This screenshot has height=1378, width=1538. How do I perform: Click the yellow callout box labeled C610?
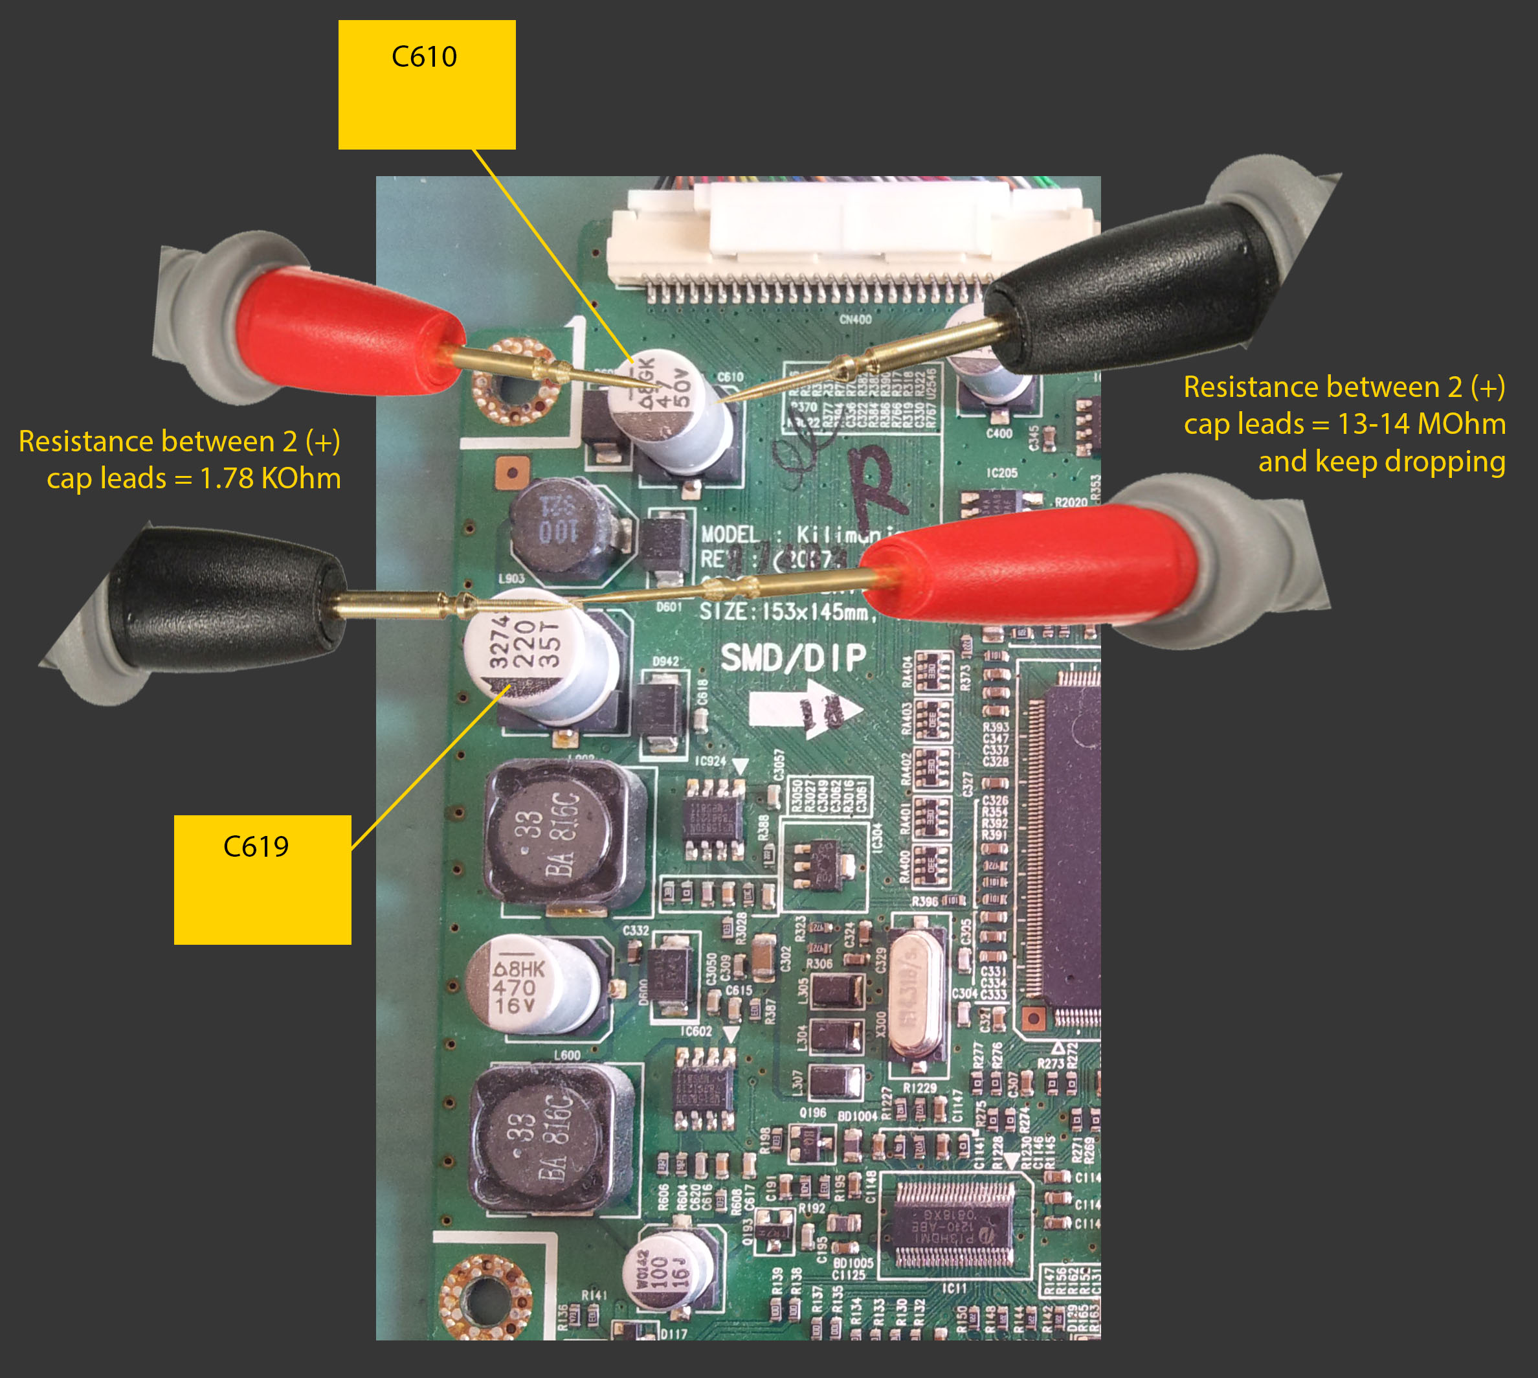(x=427, y=85)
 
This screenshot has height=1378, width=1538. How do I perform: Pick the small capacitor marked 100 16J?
(x=666, y=1272)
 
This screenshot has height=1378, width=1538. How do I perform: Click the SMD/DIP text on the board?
(x=793, y=657)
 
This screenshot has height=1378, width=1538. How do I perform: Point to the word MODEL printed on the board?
(x=730, y=534)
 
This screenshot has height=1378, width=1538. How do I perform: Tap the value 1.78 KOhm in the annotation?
(x=270, y=479)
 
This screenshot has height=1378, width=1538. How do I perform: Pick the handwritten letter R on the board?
(x=878, y=484)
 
